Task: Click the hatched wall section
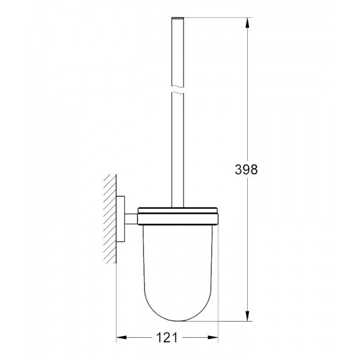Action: [108, 217]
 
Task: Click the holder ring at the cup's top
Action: [177, 218]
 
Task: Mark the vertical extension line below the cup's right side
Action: [217, 282]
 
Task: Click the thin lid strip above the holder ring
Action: [177, 209]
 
